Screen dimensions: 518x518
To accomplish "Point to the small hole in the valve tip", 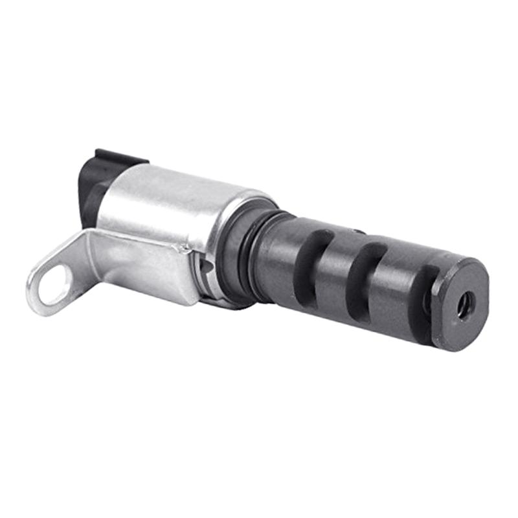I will [464, 305].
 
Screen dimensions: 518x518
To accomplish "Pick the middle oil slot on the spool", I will [363, 272].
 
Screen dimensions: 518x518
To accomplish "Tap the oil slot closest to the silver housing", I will [310, 256].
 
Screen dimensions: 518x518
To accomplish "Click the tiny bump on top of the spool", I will [358, 231].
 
